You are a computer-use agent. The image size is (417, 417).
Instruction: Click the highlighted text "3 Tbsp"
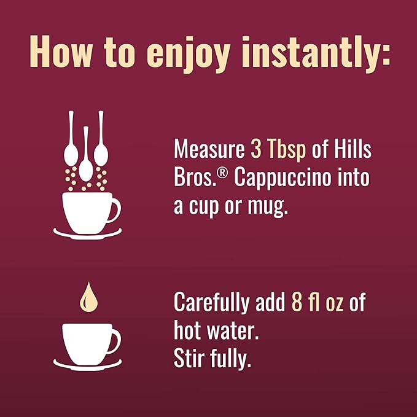point(278,149)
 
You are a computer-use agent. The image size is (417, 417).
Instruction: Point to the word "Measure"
point(209,149)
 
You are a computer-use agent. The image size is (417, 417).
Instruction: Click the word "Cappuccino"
point(283,178)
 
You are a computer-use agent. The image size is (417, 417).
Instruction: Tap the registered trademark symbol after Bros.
point(222,173)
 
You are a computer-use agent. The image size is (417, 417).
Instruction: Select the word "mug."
point(268,208)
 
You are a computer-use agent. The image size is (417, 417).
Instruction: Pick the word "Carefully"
point(212,303)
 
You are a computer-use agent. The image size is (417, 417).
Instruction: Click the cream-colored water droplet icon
point(88,297)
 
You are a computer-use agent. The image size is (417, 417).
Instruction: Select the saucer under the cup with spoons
point(87,235)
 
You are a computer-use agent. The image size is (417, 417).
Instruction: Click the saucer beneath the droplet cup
point(87,365)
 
